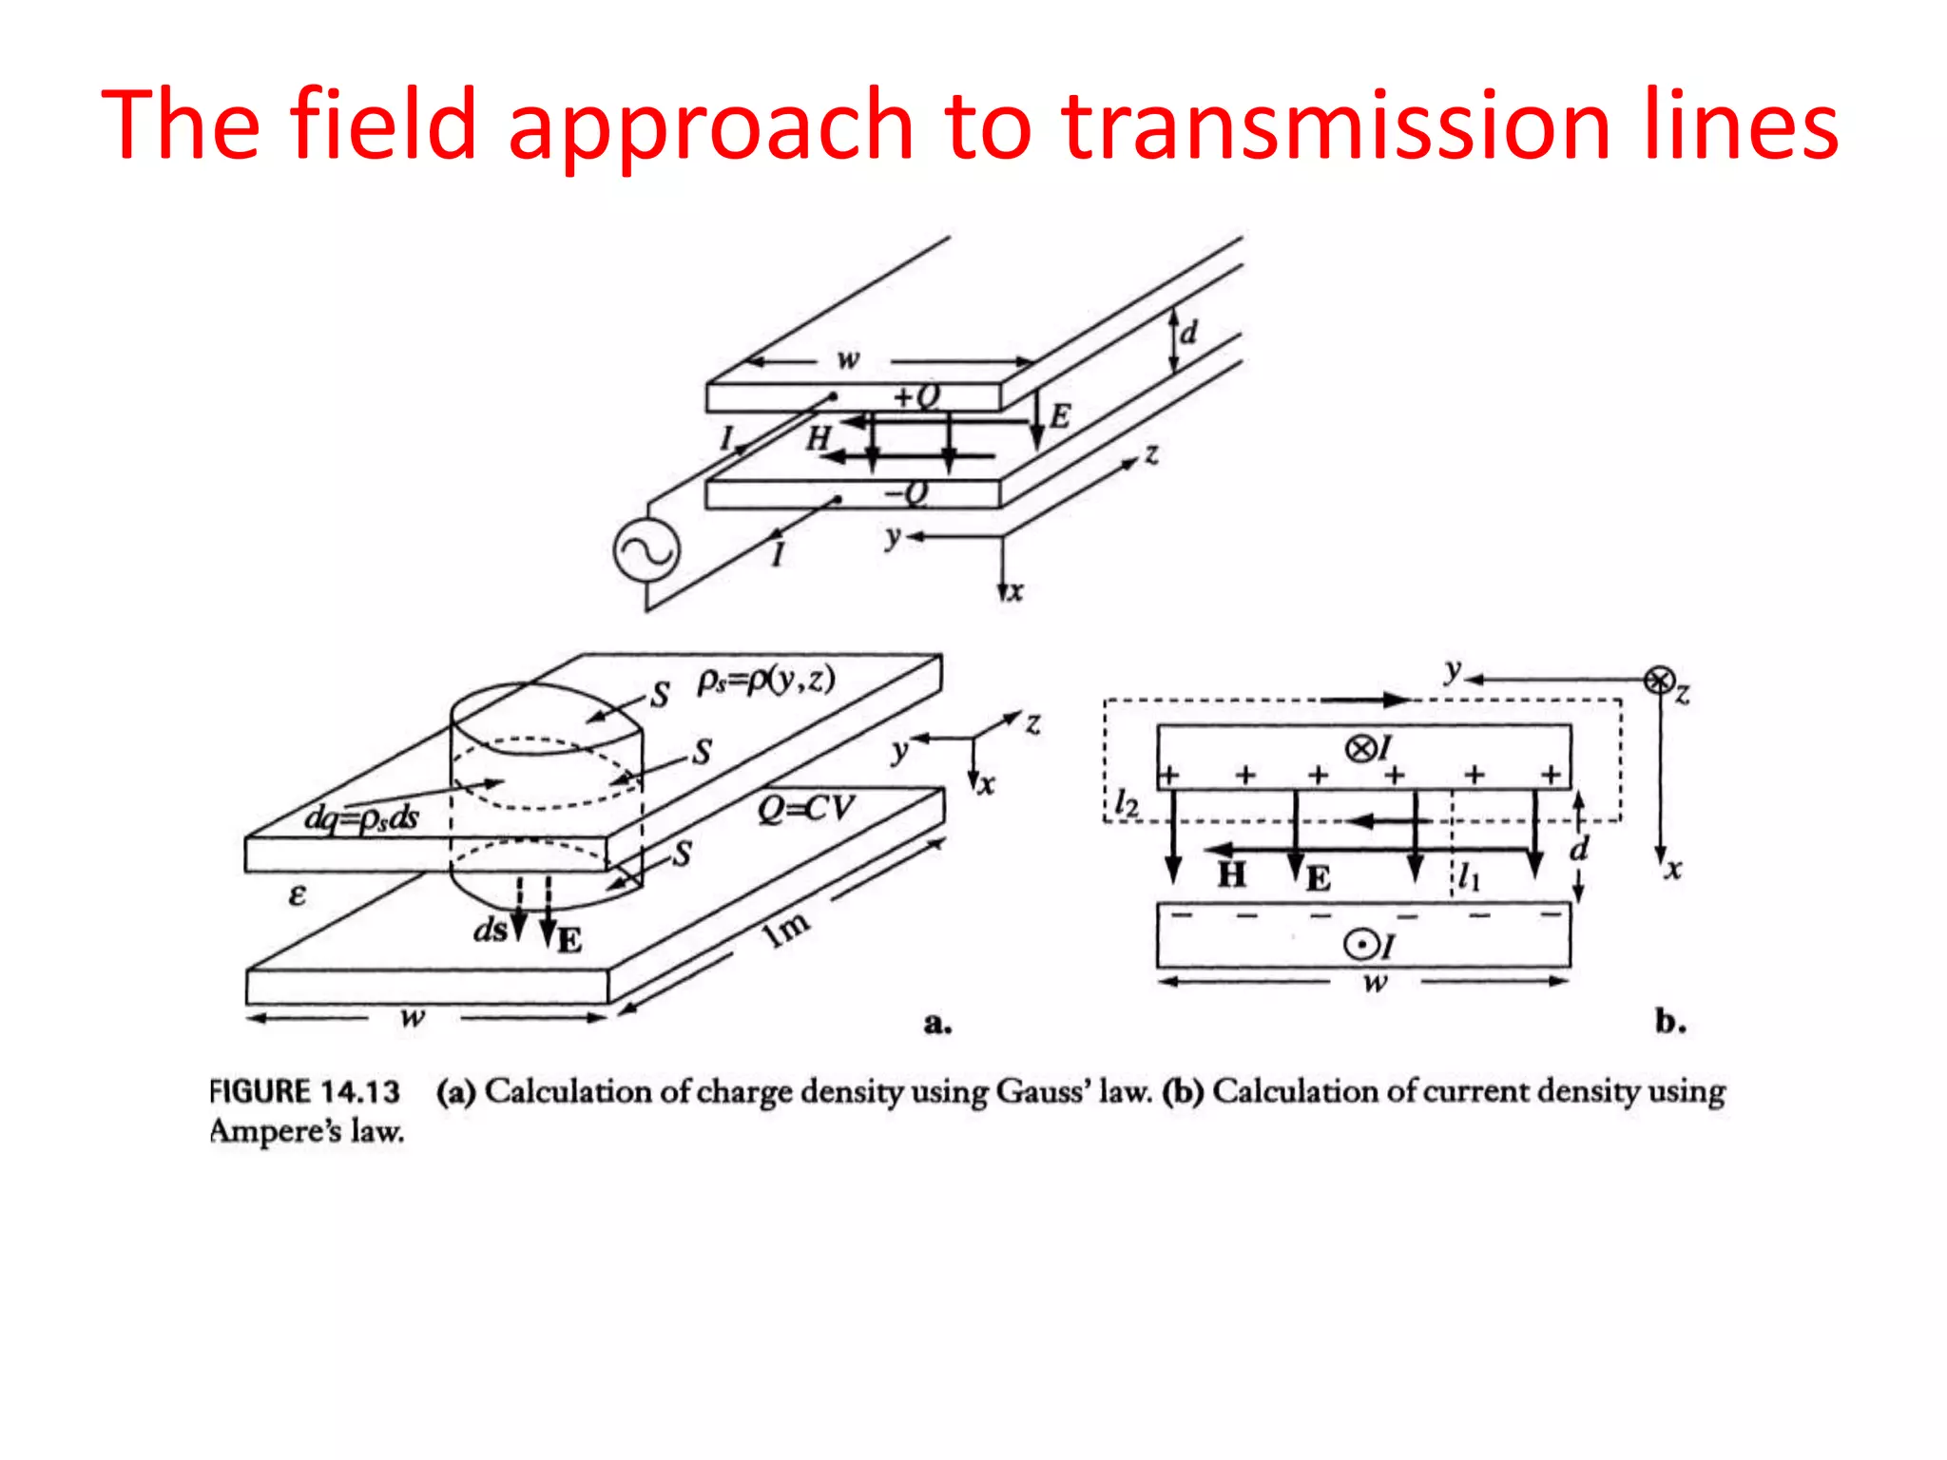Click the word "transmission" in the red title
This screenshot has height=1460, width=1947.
point(1336,126)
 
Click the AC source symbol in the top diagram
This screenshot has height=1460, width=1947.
point(646,552)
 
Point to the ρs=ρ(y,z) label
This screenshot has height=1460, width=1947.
point(766,681)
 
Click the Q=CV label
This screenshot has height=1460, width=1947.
point(805,809)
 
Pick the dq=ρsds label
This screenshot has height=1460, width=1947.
point(361,817)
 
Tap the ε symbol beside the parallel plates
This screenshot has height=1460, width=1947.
point(298,894)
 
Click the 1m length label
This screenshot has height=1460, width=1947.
point(787,928)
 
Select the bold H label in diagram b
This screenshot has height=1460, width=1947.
point(1232,874)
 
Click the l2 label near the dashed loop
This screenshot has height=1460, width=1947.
point(1127,804)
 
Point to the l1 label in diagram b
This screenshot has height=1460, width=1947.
point(1469,877)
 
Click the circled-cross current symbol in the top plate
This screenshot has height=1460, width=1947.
point(1360,749)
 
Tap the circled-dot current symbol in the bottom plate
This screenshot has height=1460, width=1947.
point(1361,945)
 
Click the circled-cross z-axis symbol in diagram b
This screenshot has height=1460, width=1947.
point(1659,681)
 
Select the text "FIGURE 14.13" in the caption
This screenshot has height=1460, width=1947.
point(305,1091)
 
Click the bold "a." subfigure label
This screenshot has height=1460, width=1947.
point(937,1023)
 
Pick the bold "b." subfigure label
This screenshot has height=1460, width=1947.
point(1670,1021)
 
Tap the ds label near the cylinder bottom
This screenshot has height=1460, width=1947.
point(491,930)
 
